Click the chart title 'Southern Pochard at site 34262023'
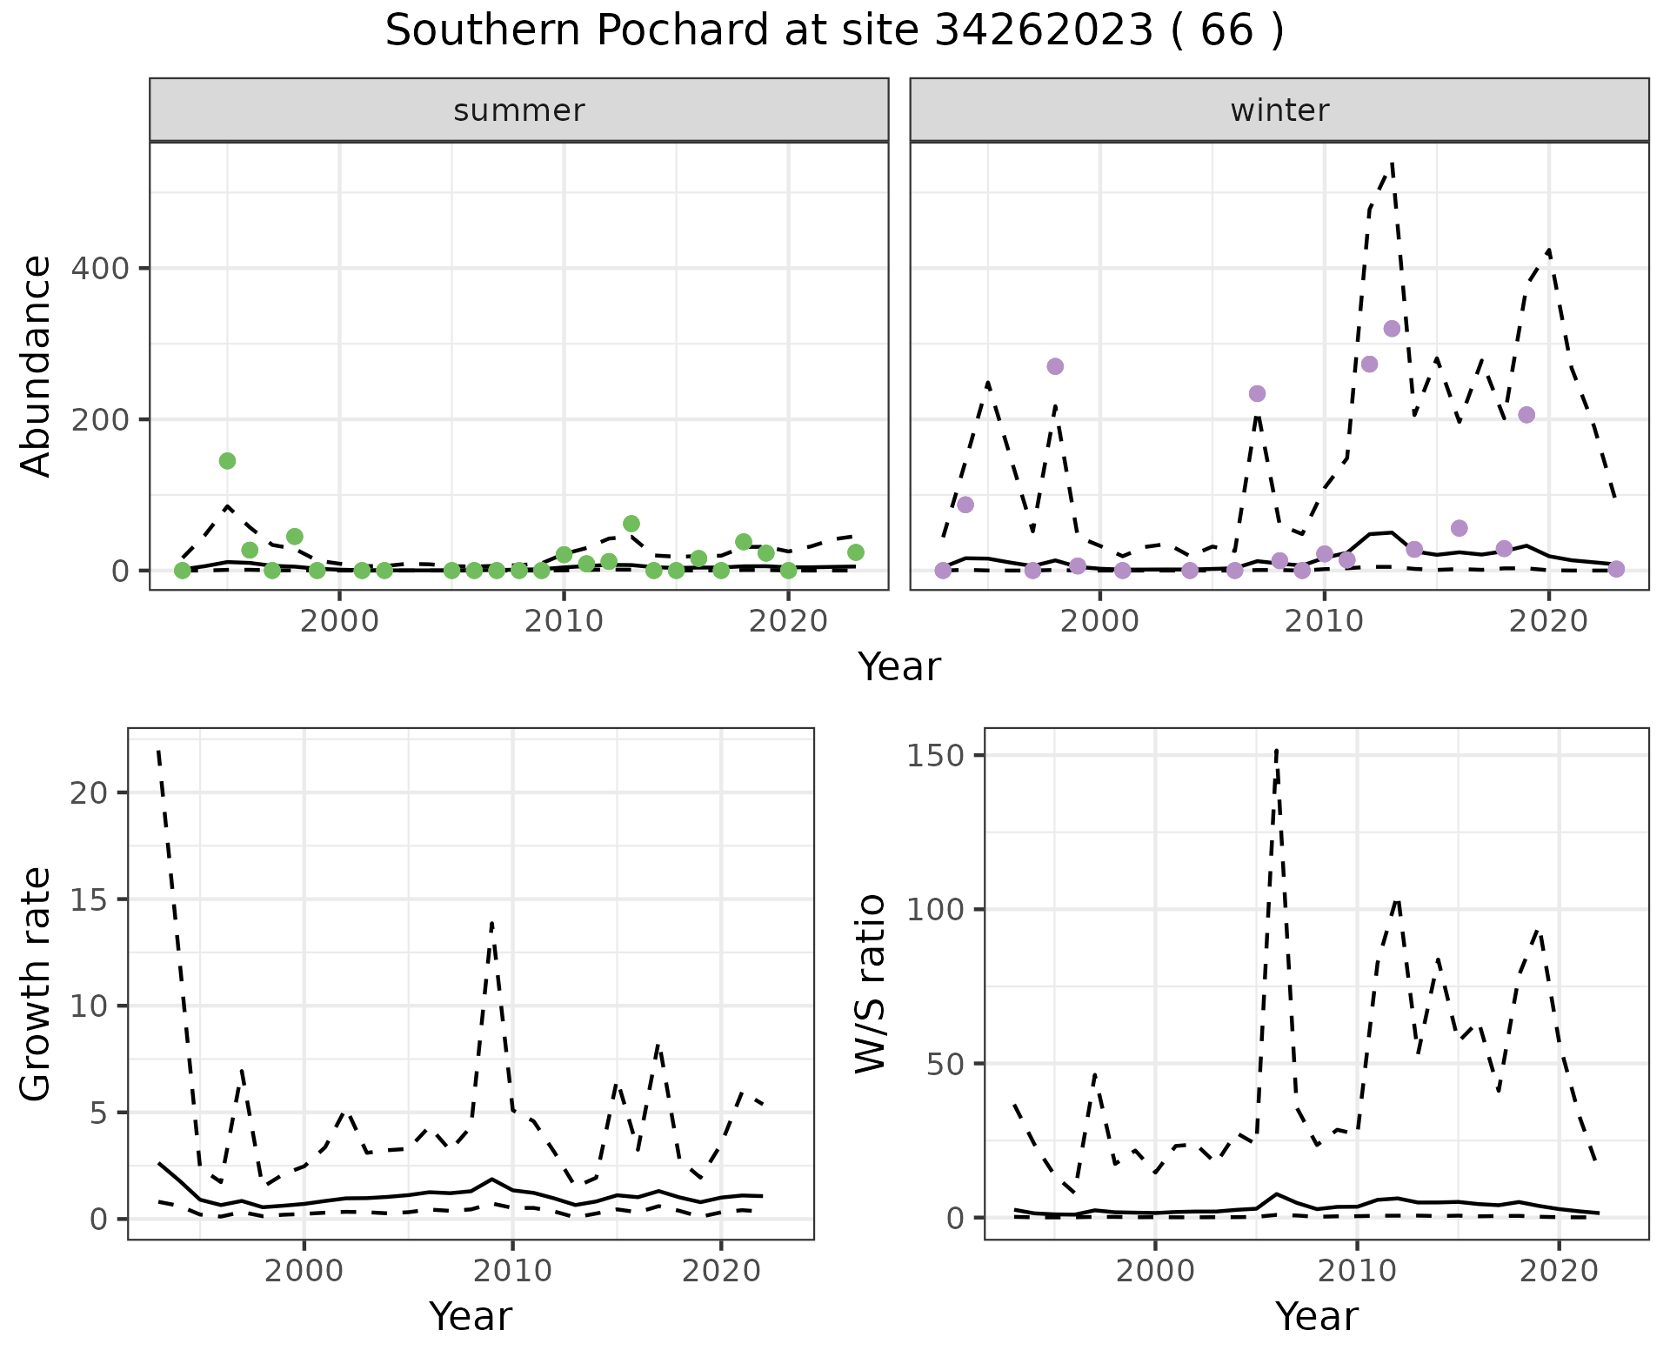[833, 31]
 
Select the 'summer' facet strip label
[519, 110]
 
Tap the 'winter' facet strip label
[1279, 110]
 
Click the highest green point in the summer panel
[227, 461]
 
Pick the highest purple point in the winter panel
[1392, 329]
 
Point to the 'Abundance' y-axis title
[37, 366]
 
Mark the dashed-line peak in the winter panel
[1393, 163]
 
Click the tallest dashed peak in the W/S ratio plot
[1276, 750]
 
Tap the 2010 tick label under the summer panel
[564, 622]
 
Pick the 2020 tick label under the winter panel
[1548, 622]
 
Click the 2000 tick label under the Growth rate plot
[304, 1271]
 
